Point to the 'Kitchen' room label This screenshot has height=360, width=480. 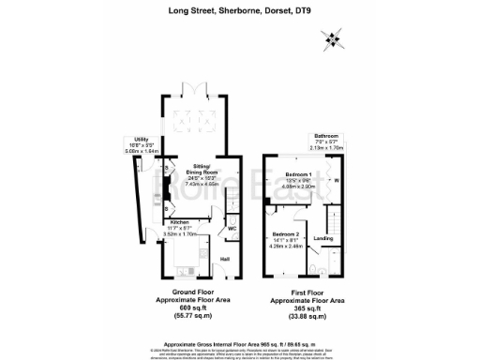179,222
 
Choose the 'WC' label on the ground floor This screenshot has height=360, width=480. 231,228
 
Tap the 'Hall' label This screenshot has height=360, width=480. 225,259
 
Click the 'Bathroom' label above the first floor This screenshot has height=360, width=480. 326,136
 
